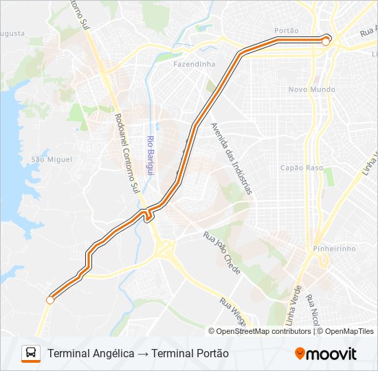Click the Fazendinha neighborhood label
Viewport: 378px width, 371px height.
point(195,64)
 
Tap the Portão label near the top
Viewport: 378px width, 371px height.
point(286,31)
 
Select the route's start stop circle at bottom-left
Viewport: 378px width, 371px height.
point(50,300)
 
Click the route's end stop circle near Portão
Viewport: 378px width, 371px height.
point(325,41)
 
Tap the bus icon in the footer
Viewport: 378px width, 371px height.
point(31,353)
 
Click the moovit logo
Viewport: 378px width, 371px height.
point(326,354)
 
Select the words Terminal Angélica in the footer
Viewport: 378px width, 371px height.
point(91,353)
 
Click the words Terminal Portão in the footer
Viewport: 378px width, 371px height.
point(190,353)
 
